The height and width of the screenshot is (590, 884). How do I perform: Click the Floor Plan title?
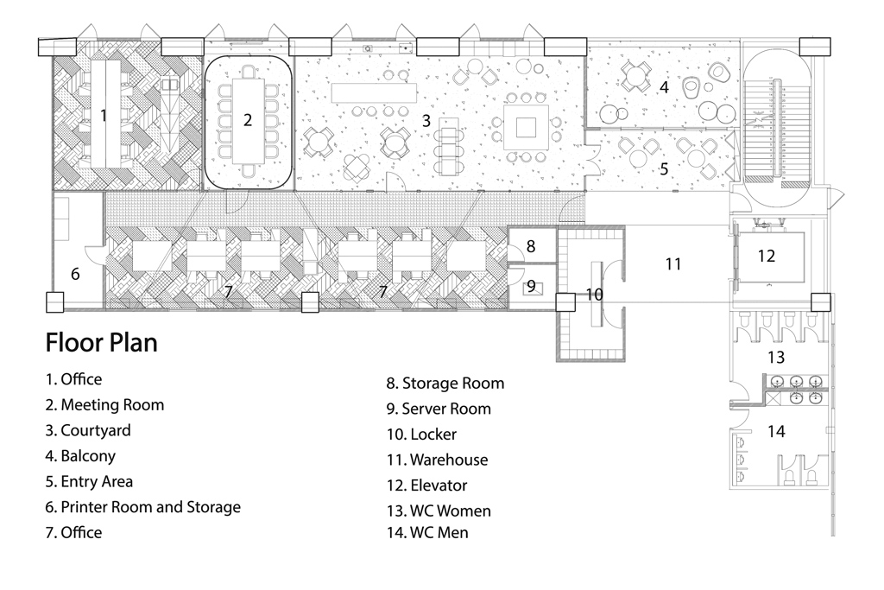tap(101, 343)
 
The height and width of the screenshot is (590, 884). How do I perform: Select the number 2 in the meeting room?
tap(248, 120)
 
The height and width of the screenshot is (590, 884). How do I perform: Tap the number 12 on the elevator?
tap(767, 256)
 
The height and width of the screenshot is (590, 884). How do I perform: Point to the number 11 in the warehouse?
tap(673, 264)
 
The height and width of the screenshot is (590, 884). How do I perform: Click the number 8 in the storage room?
tap(531, 246)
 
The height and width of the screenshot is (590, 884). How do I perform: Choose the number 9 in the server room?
tap(531, 285)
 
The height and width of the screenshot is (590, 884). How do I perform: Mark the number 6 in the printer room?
tap(75, 274)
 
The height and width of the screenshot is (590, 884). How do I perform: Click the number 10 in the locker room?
tap(594, 295)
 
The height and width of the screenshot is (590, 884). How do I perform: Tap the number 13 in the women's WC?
tap(776, 357)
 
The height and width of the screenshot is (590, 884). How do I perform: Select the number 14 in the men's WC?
tap(776, 431)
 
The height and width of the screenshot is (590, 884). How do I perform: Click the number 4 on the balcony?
tap(664, 87)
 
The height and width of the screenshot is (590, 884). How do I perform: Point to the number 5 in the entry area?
tap(664, 168)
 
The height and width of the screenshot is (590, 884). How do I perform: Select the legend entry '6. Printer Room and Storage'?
tap(142, 507)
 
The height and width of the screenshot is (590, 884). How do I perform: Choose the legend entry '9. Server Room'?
tap(439, 409)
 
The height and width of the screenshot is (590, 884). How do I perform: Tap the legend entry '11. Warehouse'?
tap(437, 460)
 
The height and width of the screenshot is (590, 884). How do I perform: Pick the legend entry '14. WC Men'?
tap(427, 533)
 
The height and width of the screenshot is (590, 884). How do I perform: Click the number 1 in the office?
tap(104, 115)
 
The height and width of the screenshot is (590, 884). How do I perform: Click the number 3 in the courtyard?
tap(426, 120)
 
